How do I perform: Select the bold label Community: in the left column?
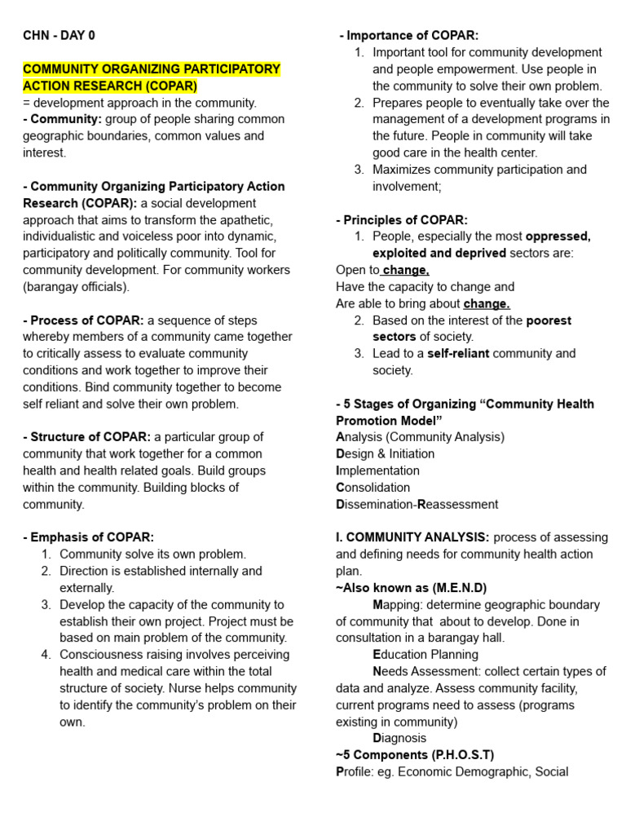pyautogui.click(x=66, y=119)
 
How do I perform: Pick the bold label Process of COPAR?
pyautogui.click(x=83, y=320)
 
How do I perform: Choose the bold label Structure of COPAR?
pyautogui.click(x=86, y=437)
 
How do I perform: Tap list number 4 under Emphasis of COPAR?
pyautogui.click(x=46, y=655)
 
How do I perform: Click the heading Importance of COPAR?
pyautogui.click(x=409, y=36)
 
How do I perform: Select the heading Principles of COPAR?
pyautogui.click(x=402, y=220)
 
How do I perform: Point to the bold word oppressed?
pyautogui.click(x=558, y=236)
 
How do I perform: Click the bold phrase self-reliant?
pyautogui.click(x=458, y=354)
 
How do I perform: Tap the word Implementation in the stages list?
pyautogui.click(x=378, y=471)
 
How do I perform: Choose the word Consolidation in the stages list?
pyautogui.click(x=373, y=488)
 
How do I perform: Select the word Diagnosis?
pyautogui.click(x=399, y=738)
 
